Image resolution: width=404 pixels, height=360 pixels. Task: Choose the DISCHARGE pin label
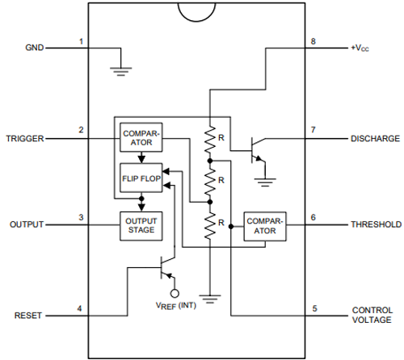tap(373, 138)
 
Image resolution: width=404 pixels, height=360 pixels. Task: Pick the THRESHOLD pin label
tap(374, 224)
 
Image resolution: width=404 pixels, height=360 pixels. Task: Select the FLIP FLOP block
tap(140, 176)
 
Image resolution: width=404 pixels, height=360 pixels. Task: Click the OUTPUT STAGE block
tap(140, 225)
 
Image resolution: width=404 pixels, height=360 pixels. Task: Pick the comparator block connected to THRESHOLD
tap(265, 225)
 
